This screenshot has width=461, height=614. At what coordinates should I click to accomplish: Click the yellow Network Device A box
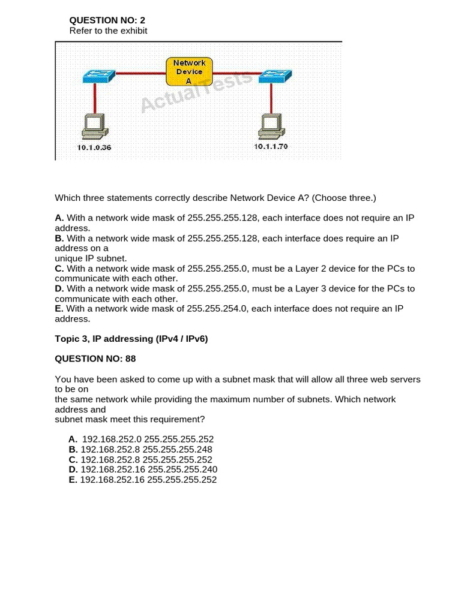[x=189, y=71]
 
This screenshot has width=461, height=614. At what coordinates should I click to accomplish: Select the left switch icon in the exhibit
[x=99, y=76]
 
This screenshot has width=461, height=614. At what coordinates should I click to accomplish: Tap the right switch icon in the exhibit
[x=275, y=76]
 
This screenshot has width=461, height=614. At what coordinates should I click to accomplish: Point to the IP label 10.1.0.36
[x=94, y=148]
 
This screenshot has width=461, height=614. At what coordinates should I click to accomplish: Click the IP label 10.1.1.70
[x=271, y=146]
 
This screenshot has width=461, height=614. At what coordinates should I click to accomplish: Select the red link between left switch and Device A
[x=140, y=73]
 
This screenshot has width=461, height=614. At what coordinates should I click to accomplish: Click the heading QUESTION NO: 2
[x=107, y=20]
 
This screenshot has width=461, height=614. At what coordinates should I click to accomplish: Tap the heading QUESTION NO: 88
[x=95, y=359]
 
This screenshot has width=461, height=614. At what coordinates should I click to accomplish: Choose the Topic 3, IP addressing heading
[x=131, y=339]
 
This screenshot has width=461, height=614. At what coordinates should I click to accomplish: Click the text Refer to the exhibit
[x=108, y=31]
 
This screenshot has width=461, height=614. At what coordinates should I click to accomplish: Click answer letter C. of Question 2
[x=59, y=269]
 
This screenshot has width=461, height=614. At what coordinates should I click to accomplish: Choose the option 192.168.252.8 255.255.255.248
[x=146, y=449]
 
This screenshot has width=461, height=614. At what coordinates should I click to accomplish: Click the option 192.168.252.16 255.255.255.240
[x=149, y=469]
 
